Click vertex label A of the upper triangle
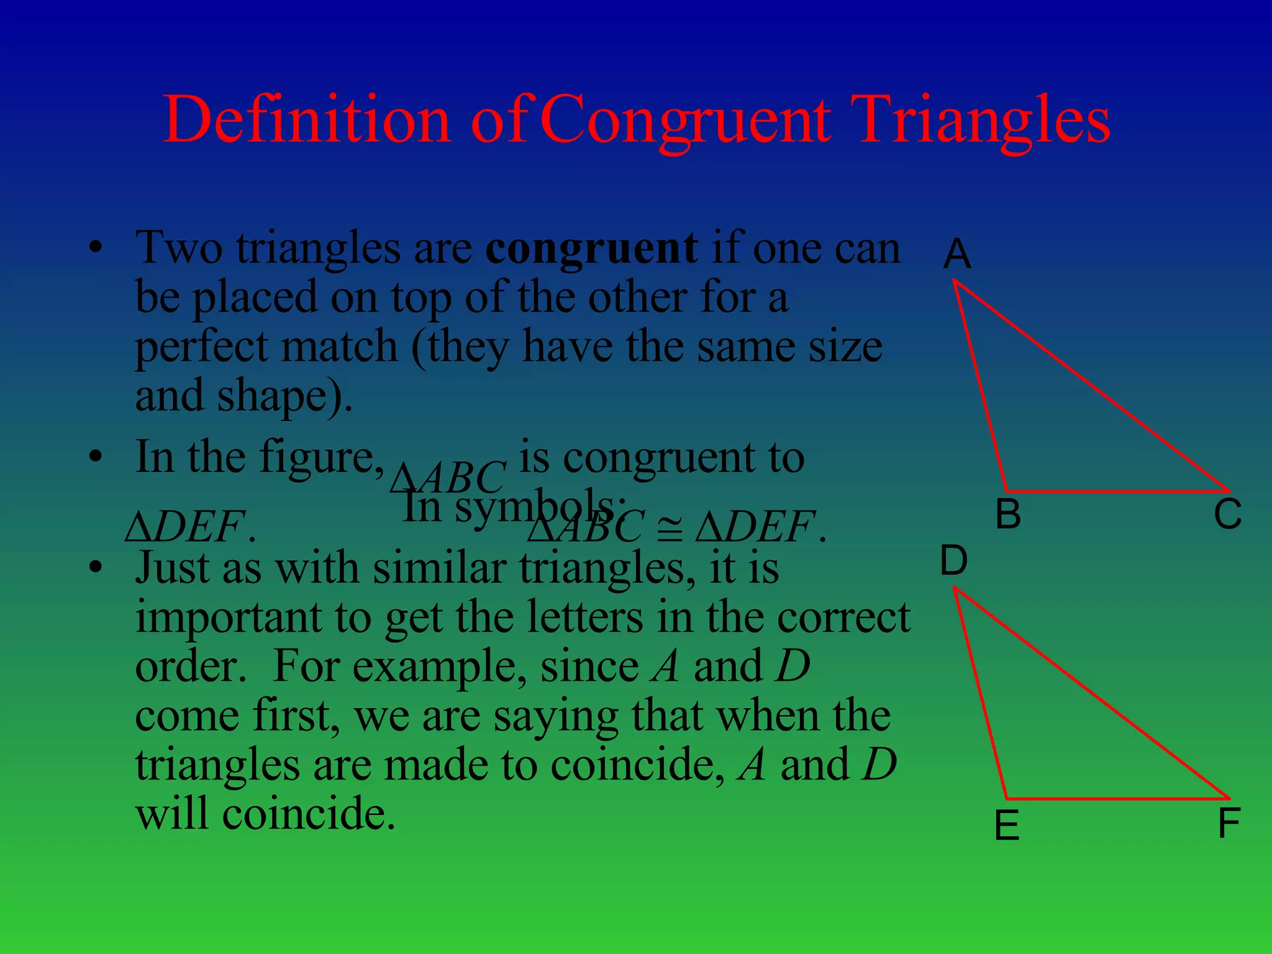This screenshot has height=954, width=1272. (x=957, y=254)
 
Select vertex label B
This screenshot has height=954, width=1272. (x=1007, y=514)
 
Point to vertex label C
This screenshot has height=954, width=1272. (x=1227, y=514)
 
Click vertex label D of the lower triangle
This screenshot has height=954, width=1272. (x=953, y=560)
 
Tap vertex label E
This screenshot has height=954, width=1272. (x=1007, y=826)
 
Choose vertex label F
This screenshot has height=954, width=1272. (x=1229, y=824)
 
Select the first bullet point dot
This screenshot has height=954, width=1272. (x=95, y=248)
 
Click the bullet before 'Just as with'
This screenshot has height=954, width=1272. (x=95, y=568)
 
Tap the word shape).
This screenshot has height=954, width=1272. (x=284, y=396)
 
